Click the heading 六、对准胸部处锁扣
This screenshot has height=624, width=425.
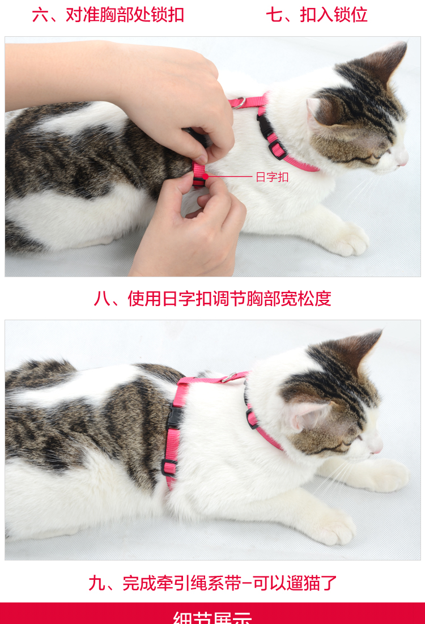click(x=108, y=15)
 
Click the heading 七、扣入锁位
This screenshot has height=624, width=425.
click(x=317, y=15)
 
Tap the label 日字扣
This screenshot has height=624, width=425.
click(x=272, y=177)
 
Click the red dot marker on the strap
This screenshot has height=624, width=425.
click(x=206, y=176)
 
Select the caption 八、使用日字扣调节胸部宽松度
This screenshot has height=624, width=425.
click(x=212, y=298)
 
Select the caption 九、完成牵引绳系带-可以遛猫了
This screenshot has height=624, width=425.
click(x=212, y=583)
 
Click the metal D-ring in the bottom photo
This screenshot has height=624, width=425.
click(x=228, y=377)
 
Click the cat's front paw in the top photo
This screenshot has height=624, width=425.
click(x=348, y=240)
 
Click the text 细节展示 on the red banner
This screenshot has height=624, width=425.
click(x=212, y=617)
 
